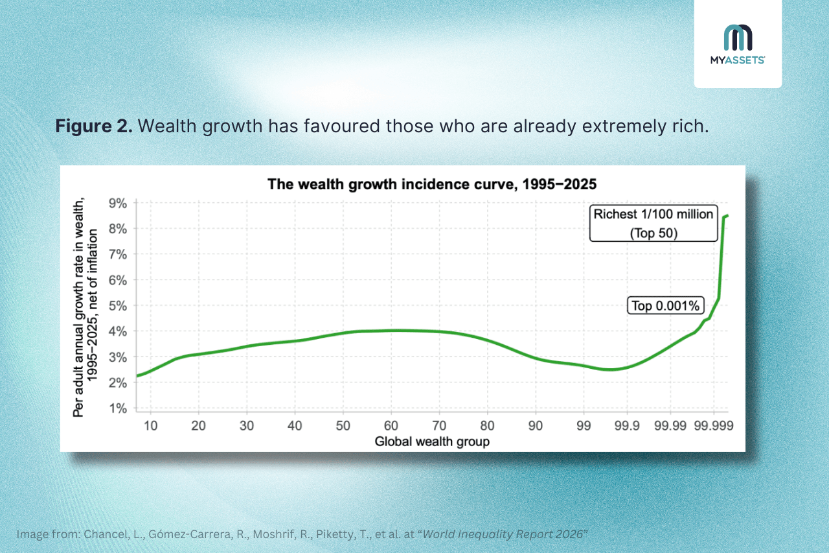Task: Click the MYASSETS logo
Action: pos(738,44)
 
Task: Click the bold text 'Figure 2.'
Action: pos(94,126)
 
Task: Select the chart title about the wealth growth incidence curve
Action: pos(432,184)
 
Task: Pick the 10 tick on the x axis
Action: pos(151,425)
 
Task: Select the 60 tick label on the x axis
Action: pos(391,425)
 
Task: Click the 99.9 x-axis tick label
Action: pos(627,425)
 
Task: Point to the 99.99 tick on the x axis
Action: pos(670,425)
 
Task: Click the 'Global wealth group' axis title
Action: pos(432,442)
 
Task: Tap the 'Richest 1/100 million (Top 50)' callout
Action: pos(653,223)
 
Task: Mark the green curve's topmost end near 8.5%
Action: pos(727,216)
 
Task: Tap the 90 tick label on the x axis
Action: pos(536,425)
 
